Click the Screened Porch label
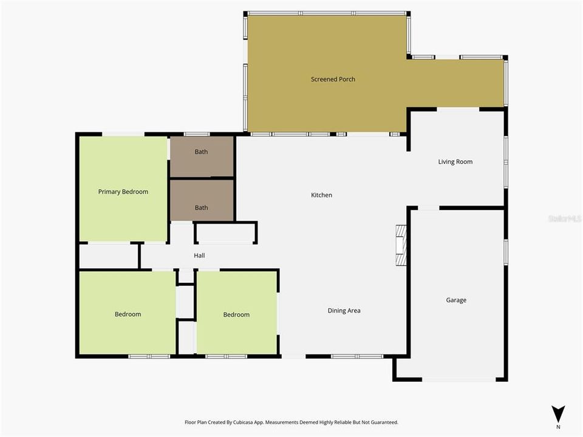click(x=333, y=80)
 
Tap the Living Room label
click(x=455, y=162)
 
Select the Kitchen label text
click(x=321, y=195)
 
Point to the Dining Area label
click(x=344, y=311)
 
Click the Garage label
click(x=456, y=300)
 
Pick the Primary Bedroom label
click(x=123, y=192)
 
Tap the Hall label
click(x=199, y=256)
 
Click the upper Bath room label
click(x=201, y=152)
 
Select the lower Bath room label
click(x=201, y=208)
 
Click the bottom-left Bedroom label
click(x=128, y=314)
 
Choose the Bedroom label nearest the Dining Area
click(x=236, y=314)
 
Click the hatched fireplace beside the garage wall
click(x=401, y=245)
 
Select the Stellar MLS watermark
click(x=564, y=218)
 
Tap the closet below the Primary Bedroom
click(x=109, y=256)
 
